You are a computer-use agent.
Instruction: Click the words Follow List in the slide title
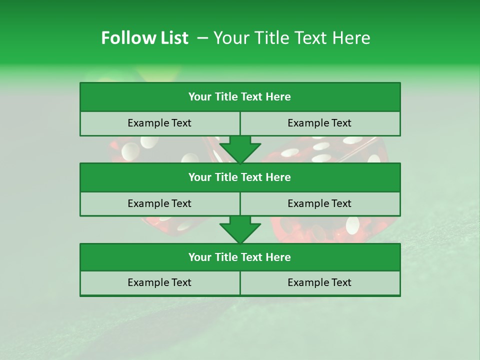pos(144,38)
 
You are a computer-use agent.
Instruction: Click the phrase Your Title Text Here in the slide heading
pos(292,38)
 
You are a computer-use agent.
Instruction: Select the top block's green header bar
pos(240,97)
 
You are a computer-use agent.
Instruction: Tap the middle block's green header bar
pos(240,177)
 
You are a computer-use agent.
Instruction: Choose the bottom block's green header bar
pos(240,257)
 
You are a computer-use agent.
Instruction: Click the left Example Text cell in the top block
pos(159,123)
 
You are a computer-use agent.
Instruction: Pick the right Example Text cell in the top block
pos(319,123)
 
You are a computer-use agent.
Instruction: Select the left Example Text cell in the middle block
pos(159,204)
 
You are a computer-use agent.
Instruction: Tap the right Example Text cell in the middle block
pos(319,204)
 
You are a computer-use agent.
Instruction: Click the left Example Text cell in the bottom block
pos(159,283)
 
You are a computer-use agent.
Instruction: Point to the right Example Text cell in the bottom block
pos(319,283)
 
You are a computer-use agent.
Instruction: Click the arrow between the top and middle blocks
pos(240,149)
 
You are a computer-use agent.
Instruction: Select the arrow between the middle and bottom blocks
pos(240,229)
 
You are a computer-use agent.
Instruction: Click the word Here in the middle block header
pos(278,177)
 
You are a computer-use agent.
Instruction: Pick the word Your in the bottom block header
pos(199,257)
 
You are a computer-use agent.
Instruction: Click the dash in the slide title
pos(202,38)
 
